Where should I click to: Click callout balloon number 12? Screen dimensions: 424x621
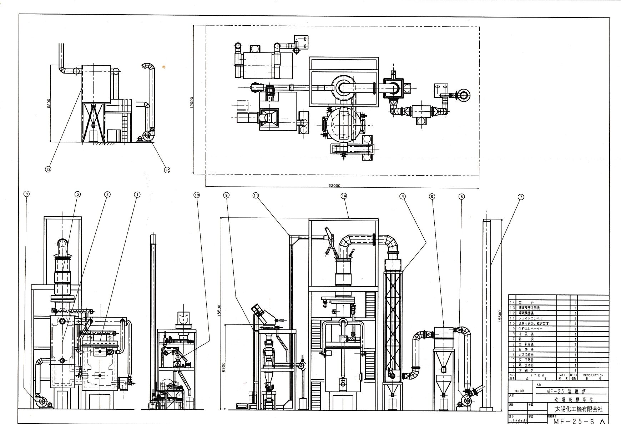[x=48, y=170]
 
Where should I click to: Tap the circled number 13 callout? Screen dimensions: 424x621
[x=167, y=170]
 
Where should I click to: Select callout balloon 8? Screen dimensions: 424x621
[x=26, y=194]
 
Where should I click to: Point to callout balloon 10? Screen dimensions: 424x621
[x=196, y=195]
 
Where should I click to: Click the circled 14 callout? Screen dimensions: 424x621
[x=344, y=196]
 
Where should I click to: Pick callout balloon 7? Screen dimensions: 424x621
[x=521, y=197]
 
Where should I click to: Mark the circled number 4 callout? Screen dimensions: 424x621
[x=403, y=196]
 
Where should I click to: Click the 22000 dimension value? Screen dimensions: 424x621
[x=334, y=186]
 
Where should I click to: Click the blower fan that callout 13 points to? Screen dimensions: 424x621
[x=147, y=136]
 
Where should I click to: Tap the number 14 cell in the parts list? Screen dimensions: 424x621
[x=512, y=302]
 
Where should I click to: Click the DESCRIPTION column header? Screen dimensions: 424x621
[x=593, y=375]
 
